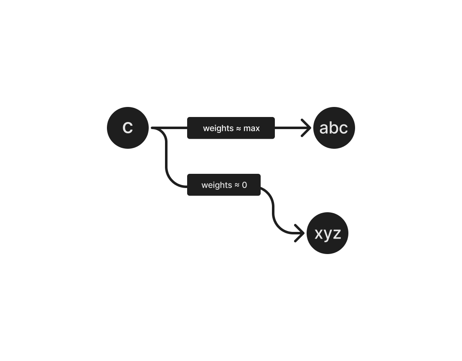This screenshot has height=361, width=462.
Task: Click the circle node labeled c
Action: (128, 128)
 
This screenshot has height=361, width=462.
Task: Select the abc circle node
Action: (334, 128)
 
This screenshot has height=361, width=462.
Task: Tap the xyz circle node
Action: (327, 233)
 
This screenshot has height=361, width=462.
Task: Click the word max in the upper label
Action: (251, 128)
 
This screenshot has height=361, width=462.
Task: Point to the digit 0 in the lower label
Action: (244, 185)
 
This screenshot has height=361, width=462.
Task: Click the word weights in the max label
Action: (218, 128)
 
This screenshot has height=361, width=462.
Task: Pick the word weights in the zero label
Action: (216, 185)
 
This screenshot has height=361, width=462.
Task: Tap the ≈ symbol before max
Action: (239, 128)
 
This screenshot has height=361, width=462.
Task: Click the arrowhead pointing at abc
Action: (308, 128)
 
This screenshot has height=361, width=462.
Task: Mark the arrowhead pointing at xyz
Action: (302, 233)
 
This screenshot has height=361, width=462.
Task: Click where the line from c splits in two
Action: (159, 128)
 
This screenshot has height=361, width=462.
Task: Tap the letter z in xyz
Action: (337, 234)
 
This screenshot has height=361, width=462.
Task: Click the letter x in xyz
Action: (319, 234)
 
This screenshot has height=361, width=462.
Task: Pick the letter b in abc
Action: (333, 127)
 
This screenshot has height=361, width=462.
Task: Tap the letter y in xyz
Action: (328, 235)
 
